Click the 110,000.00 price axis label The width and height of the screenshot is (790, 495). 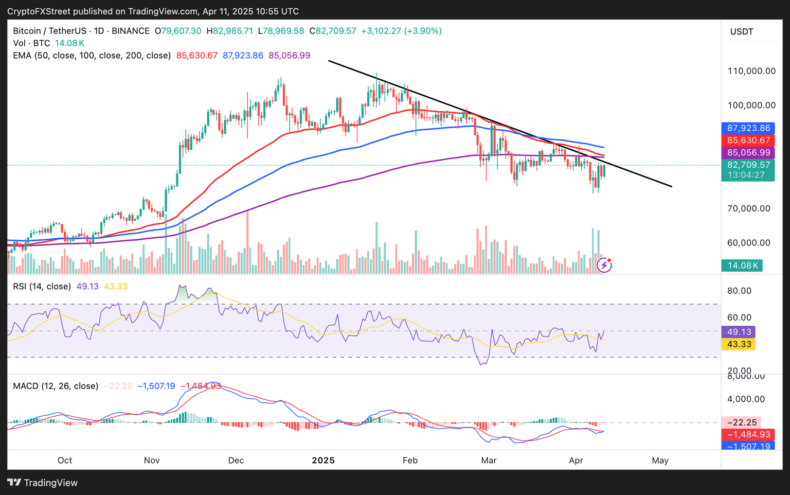click(751, 71)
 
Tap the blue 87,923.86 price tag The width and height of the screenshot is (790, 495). click(748, 128)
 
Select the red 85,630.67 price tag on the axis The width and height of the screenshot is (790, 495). click(748, 140)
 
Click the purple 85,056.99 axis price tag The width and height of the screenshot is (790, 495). click(748, 153)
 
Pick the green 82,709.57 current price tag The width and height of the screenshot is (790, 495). click(748, 165)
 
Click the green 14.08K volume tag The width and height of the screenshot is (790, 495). click(742, 266)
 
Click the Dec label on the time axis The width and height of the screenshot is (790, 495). click(236, 460)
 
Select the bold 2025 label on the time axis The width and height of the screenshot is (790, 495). click(323, 460)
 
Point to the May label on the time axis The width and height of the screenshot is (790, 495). click(660, 460)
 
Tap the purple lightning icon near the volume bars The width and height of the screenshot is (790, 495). click(604, 265)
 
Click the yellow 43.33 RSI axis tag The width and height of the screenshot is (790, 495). click(739, 344)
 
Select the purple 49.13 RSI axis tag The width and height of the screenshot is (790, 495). click(739, 332)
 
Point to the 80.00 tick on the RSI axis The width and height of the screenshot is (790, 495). click(739, 291)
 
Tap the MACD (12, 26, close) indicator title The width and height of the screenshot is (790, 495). click(56, 386)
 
